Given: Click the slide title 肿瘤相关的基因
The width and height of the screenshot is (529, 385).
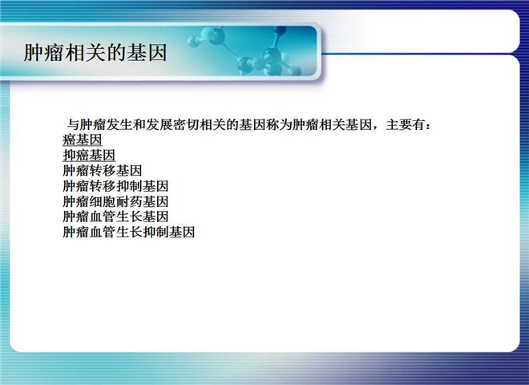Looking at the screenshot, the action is [x=95, y=53].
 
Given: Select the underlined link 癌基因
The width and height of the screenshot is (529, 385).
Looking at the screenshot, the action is [x=83, y=140].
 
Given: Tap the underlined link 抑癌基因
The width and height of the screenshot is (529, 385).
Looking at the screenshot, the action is [x=89, y=156].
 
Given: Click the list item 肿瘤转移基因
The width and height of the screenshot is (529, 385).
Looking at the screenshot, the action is [x=103, y=171].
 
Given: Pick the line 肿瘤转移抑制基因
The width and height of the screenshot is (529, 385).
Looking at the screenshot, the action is [x=115, y=186].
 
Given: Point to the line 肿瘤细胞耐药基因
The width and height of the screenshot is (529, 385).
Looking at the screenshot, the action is [x=115, y=201].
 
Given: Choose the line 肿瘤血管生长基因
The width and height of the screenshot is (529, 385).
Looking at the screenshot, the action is [x=115, y=217].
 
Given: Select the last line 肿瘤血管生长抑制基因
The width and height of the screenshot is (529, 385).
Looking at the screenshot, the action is [x=128, y=232].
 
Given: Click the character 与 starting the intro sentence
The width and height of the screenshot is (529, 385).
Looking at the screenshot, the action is [x=72, y=124].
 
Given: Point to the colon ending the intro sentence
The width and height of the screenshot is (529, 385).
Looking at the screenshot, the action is [x=428, y=126].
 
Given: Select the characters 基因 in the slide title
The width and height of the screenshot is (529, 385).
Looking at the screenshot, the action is [x=147, y=53].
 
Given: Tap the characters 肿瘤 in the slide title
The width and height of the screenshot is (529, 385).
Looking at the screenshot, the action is [x=44, y=53].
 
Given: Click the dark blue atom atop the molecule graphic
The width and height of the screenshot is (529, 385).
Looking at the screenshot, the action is [x=280, y=31].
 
